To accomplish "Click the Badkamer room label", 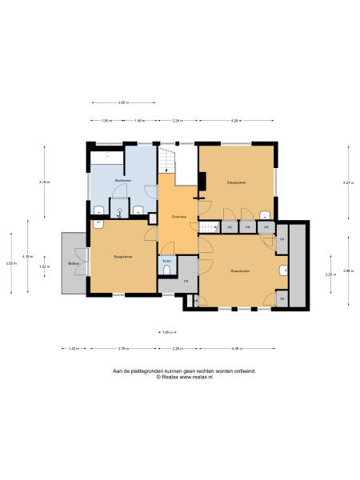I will tap(123, 181).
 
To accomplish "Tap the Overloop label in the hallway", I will tap(178, 216).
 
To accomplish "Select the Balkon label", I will tap(73, 263).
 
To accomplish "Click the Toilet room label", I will tap(166, 261).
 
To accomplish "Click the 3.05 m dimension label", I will tap(123, 102).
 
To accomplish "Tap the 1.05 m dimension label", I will tap(166, 332).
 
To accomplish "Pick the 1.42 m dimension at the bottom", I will tap(72, 349).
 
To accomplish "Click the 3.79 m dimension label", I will tap(123, 349).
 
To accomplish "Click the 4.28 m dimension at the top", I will tap(236, 121).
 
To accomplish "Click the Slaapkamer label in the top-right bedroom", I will tap(236, 182).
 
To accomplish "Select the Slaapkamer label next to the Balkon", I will tap(122, 257).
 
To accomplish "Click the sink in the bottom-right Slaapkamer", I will tap(283, 270).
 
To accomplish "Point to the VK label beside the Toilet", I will tap(186, 281).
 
